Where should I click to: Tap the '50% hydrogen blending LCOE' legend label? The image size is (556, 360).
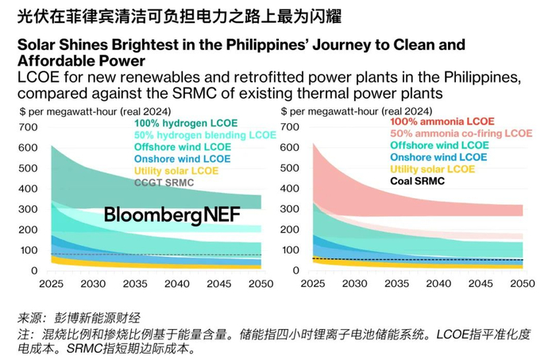[205, 135]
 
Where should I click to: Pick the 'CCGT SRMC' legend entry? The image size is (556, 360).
[164, 183]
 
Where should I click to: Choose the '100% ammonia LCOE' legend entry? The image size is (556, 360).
[442, 122]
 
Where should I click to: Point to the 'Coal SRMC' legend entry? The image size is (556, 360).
[418, 181]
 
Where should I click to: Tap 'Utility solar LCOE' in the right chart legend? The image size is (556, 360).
[432, 169]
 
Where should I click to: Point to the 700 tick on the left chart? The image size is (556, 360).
[29, 128]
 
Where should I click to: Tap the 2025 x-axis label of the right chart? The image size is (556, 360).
[313, 284]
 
